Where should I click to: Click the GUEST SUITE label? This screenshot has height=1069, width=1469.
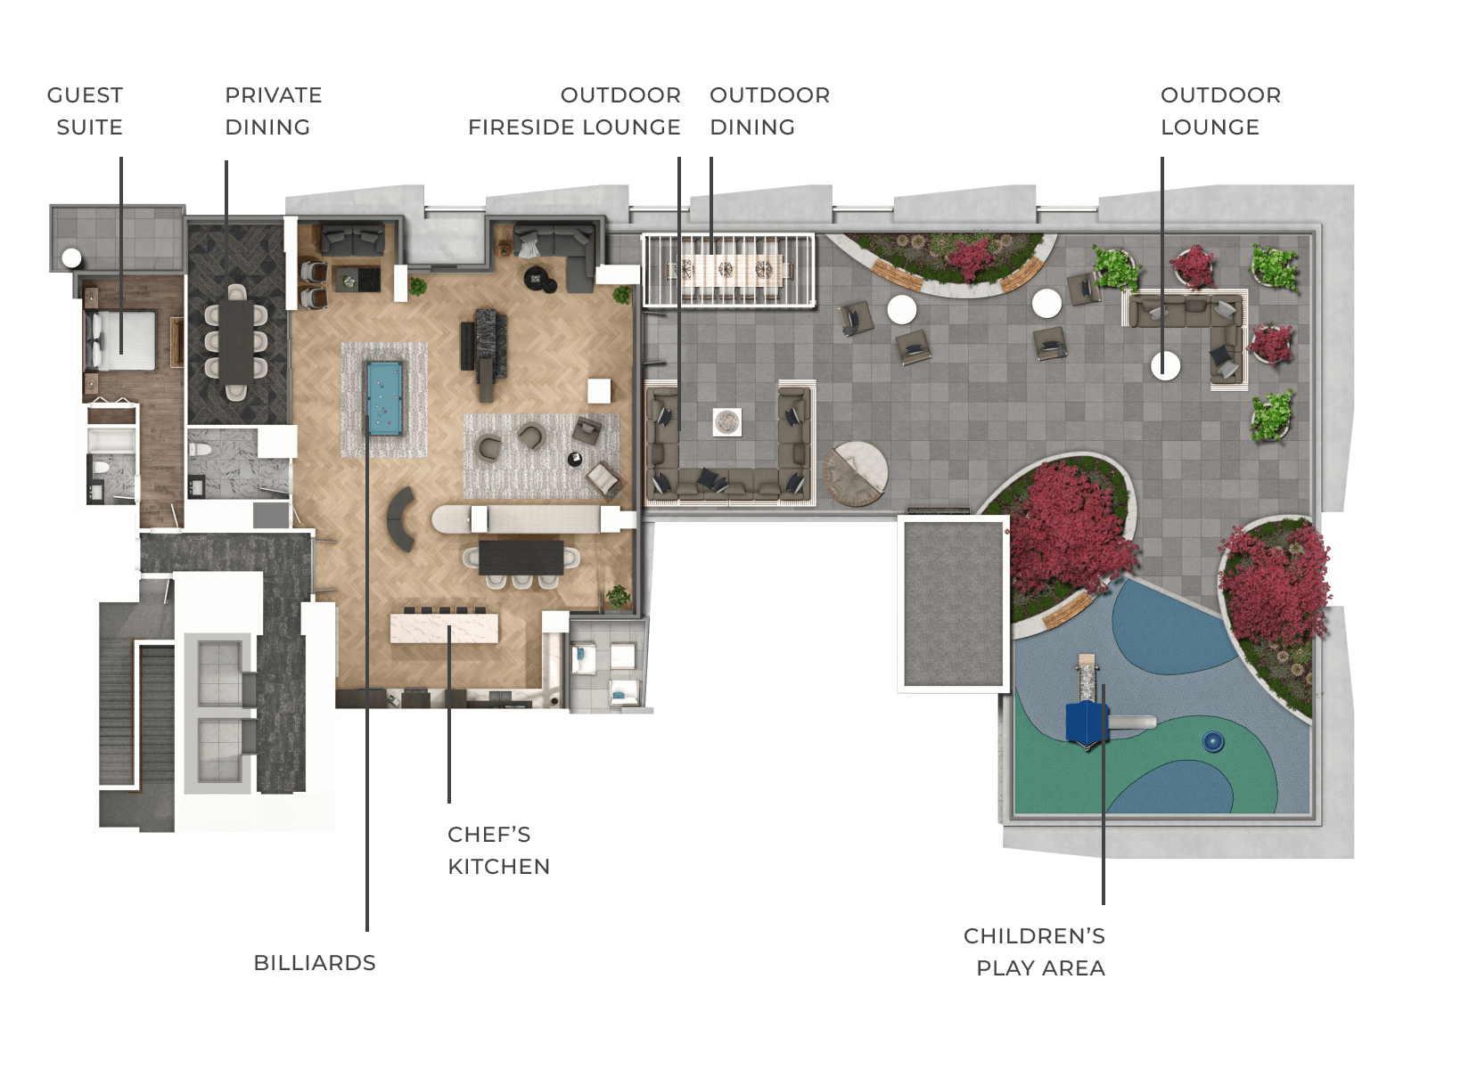point(86,110)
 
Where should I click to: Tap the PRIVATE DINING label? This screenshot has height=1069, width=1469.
point(274,110)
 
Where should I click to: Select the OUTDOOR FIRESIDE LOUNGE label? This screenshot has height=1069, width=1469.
point(574,110)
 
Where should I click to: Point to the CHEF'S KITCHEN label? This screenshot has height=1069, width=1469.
point(498,851)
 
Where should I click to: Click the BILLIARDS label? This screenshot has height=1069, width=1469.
point(315,963)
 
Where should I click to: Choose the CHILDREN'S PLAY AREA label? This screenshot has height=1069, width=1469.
point(1034,951)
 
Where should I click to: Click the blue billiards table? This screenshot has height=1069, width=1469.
point(384,398)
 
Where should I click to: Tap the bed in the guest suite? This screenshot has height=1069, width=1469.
point(121,340)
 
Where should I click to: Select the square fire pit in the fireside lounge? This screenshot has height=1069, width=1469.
point(727,422)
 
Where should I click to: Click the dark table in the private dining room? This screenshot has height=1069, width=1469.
point(236,341)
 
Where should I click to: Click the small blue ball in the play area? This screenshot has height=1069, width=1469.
point(1213,742)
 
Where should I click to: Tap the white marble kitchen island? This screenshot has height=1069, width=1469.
point(444,628)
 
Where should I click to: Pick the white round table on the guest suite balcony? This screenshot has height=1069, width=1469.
point(71,258)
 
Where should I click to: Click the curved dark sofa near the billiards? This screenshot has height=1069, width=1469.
point(401,519)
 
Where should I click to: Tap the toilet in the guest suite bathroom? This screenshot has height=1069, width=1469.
point(101,468)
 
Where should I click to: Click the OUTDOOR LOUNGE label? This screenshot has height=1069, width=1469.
point(1220,110)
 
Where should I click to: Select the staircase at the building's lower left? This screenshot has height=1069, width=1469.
point(137,715)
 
